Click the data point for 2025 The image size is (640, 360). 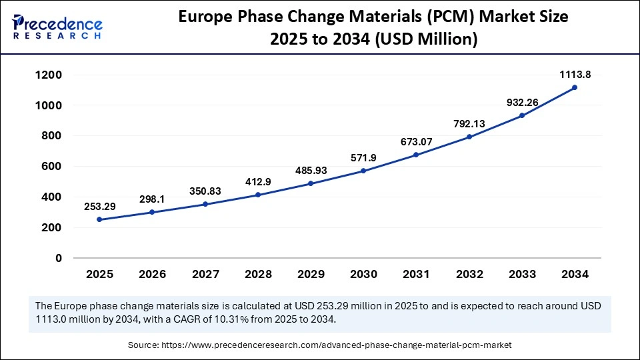point(100,219)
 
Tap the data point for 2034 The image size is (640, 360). point(575,87)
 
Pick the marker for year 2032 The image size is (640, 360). point(469,137)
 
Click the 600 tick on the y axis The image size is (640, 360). point(51,167)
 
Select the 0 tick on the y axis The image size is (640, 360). point(59,258)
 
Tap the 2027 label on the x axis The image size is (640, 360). point(205,274)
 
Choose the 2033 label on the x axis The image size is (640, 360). point(522,274)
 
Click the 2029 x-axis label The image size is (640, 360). point(311,274)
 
